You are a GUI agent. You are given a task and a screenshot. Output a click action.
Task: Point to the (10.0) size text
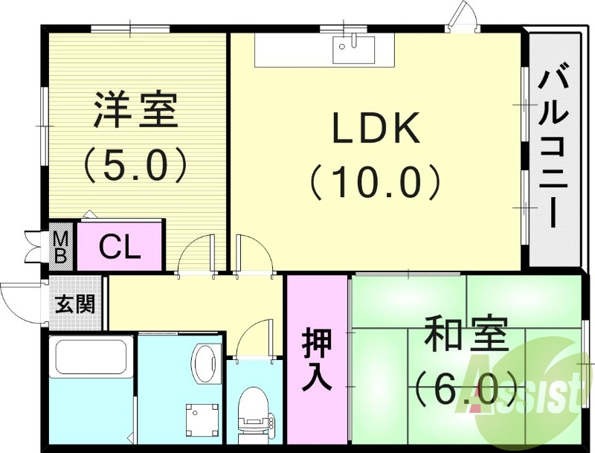pos(376,181)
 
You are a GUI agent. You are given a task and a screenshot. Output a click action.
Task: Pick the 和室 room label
pos(466,335)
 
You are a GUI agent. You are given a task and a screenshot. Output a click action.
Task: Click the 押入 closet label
pos(317,359)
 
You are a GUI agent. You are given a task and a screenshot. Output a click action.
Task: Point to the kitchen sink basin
pos(353,49)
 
